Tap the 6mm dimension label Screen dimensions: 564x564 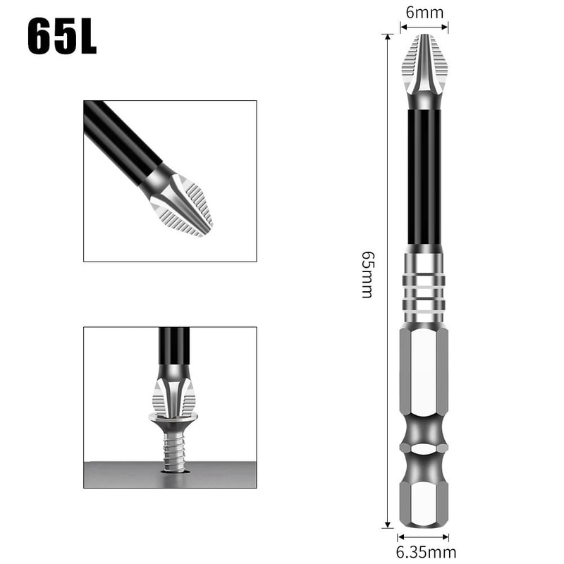point(424,13)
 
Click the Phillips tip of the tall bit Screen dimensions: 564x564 point(424,67)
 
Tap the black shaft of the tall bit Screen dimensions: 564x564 point(424,176)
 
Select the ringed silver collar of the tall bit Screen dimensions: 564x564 point(424,286)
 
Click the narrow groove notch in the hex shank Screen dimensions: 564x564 point(424,448)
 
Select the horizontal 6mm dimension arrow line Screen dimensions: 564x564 point(424,27)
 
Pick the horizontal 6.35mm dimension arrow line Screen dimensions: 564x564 point(424,537)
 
